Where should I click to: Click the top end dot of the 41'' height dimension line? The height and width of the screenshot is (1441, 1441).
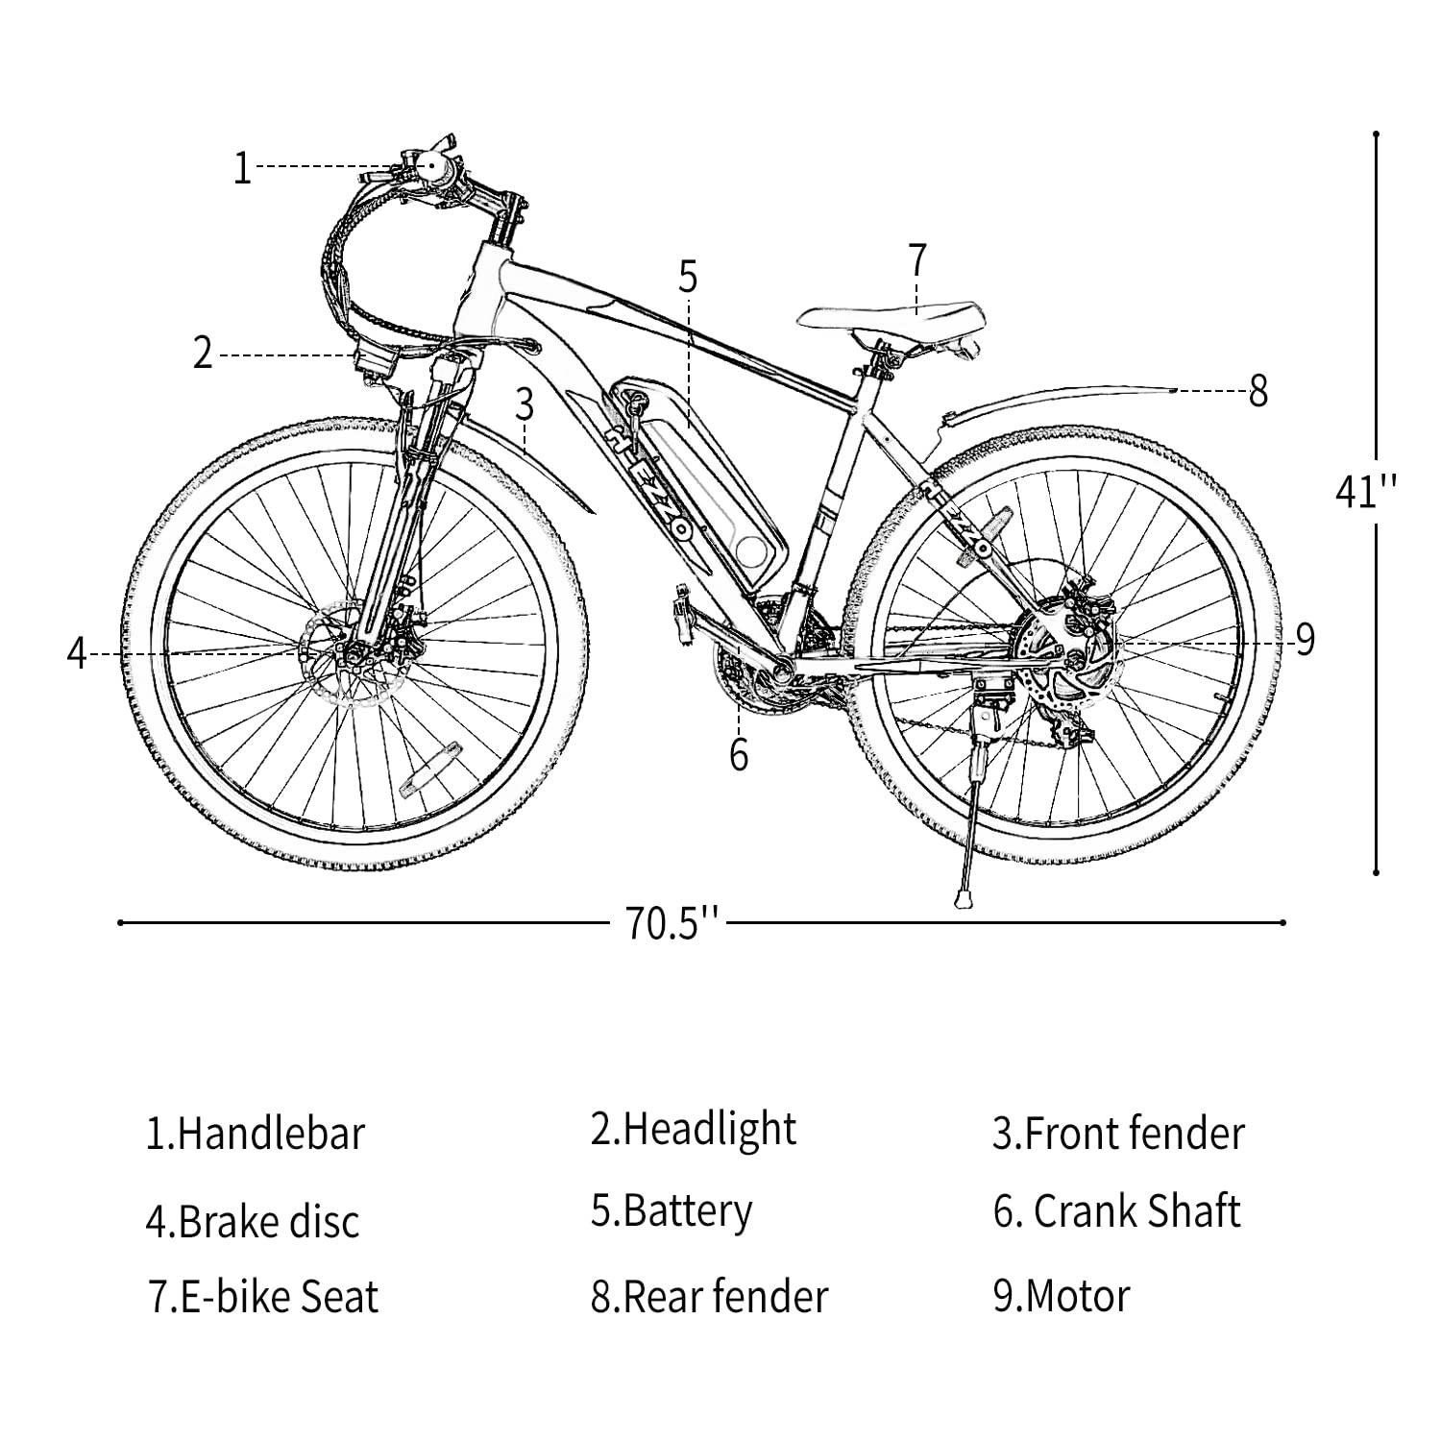[x=1377, y=134]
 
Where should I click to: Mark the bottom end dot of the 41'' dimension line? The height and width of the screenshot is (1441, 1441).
[x=1377, y=872]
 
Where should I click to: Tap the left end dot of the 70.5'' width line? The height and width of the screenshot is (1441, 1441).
[x=120, y=923]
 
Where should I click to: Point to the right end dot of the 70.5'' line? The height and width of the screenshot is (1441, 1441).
[x=1283, y=923]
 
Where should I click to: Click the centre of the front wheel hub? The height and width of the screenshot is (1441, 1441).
[x=354, y=655]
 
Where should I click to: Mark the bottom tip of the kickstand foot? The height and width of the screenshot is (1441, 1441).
[x=959, y=904]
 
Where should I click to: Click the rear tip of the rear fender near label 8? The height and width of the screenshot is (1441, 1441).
[x=1174, y=390]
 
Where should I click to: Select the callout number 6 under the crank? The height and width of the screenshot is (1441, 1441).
[x=738, y=755]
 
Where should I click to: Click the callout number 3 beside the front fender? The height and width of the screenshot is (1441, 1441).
[x=525, y=405]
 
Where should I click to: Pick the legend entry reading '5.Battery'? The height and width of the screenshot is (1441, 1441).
[x=672, y=1211]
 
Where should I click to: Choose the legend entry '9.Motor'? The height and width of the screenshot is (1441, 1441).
[x=1062, y=1296]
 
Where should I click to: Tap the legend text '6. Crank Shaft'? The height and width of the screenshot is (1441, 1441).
[x=1117, y=1211]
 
